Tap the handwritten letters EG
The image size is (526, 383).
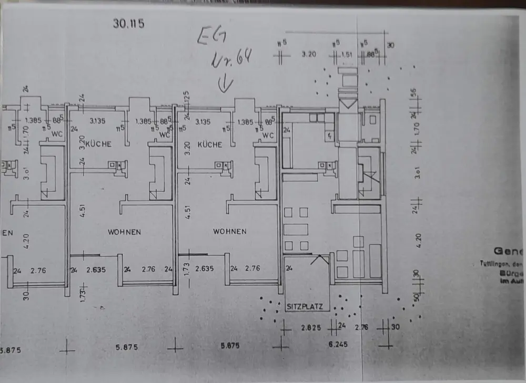(209, 38)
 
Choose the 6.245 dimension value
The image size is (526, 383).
(339, 345)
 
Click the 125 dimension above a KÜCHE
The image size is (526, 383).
(187, 98)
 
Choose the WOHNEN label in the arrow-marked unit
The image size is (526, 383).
(230, 231)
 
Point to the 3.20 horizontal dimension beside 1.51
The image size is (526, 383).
(309, 54)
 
